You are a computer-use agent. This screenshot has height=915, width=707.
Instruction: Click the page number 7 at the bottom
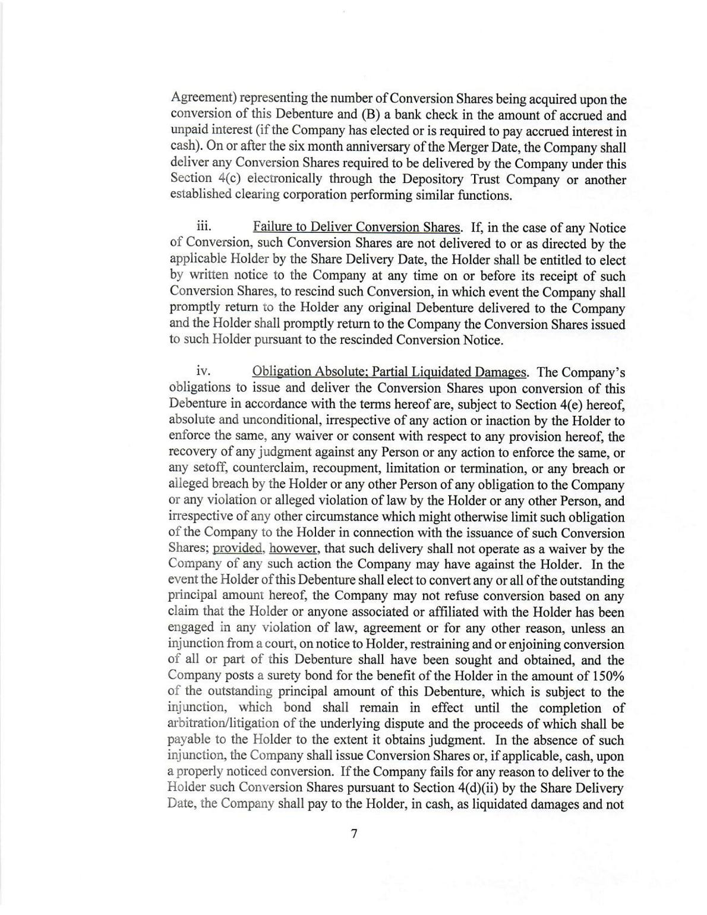[x=354, y=834]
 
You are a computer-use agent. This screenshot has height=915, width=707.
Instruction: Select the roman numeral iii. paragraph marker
[x=204, y=227]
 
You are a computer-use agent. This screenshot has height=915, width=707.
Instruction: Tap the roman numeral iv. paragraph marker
[x=204, y=371]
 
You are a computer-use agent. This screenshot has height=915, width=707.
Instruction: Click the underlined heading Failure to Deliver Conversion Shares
[x=356, y=228]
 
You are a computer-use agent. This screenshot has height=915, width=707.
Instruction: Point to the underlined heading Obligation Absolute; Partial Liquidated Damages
[x=389, y=372]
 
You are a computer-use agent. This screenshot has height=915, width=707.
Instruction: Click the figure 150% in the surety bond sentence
[x=608, y=676]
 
